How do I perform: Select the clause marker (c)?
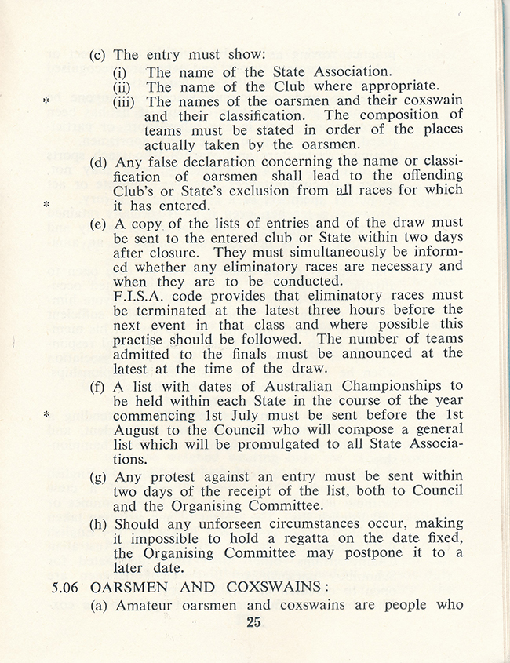(98, 55)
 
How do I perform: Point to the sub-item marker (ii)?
(125, 86)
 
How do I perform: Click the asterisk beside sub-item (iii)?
(46, 103)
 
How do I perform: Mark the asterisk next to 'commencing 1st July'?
(46, 413)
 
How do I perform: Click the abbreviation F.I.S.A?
(142, 295)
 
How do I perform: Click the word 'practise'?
(144, 339)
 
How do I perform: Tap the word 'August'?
(140, 428)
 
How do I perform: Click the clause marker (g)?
(98, 476)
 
